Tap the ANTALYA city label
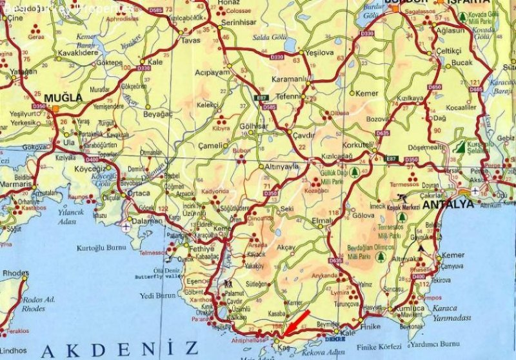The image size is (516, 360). click(448, 204)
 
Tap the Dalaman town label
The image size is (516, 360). click(149, 221)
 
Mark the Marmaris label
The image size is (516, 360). click(15, 184)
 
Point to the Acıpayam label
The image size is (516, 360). click(213, 72)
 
